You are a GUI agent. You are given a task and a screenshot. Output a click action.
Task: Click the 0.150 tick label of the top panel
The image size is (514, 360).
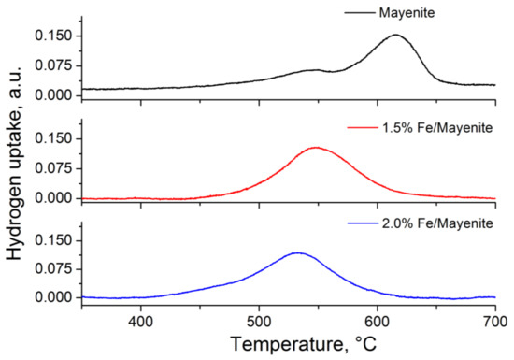coord(52,36)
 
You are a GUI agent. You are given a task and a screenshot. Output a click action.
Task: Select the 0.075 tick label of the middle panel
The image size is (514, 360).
coord(52,169)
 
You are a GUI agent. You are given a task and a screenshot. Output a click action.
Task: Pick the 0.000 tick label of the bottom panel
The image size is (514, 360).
coord(52,297)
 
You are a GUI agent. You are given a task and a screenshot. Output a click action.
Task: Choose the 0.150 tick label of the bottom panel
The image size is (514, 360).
coord(52,240)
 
